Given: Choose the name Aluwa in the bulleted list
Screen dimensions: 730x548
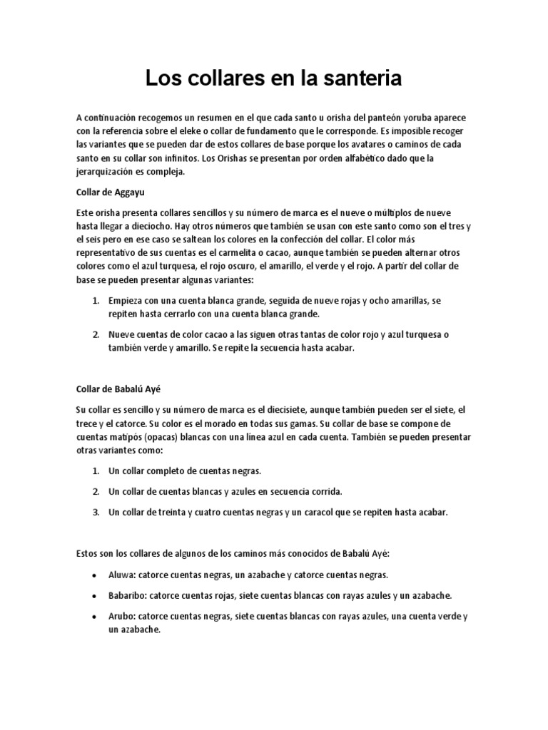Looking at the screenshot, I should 121,574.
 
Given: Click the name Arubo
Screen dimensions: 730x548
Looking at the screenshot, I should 121,615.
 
